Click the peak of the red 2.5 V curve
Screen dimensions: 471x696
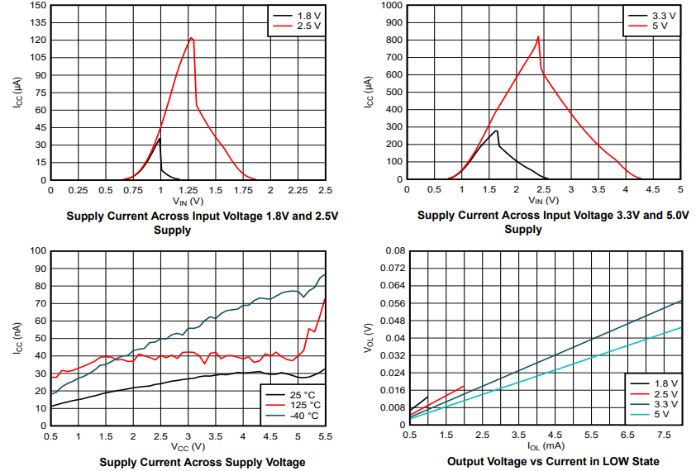pos(192,38)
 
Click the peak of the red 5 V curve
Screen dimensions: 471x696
pos(538,36)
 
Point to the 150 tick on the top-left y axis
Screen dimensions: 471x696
pos(36,5)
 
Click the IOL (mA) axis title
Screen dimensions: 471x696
pos(545,447)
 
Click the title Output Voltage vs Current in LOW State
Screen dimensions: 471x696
pos(553,461)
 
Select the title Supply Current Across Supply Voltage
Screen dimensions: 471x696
pos(203,462)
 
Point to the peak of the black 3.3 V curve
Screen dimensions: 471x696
pos(496,131)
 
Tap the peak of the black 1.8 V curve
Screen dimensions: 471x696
pos(160,139)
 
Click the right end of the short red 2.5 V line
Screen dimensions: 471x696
pos(464,385)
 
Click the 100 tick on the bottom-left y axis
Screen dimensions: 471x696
pos(36,251)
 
